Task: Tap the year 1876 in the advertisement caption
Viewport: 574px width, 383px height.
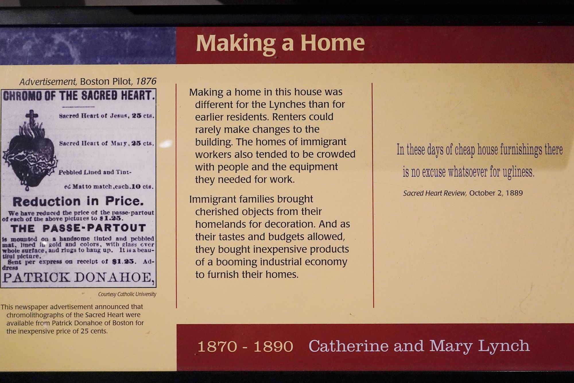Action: coord(146,82)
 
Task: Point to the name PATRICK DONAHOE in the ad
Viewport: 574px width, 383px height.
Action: coord(77,278)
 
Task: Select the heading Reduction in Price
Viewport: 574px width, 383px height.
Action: coord(78,202)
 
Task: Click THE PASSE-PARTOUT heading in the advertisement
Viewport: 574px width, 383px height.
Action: coord(78,228)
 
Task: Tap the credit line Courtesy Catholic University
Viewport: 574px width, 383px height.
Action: coord(127,294)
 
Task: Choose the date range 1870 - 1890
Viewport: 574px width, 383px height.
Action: coord(245,347)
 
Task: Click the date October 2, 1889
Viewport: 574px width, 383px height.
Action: coord(496,193)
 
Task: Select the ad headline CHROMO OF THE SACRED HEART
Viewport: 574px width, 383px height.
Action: coord(79,96)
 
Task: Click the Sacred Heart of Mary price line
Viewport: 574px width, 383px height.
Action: coord(106,143)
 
